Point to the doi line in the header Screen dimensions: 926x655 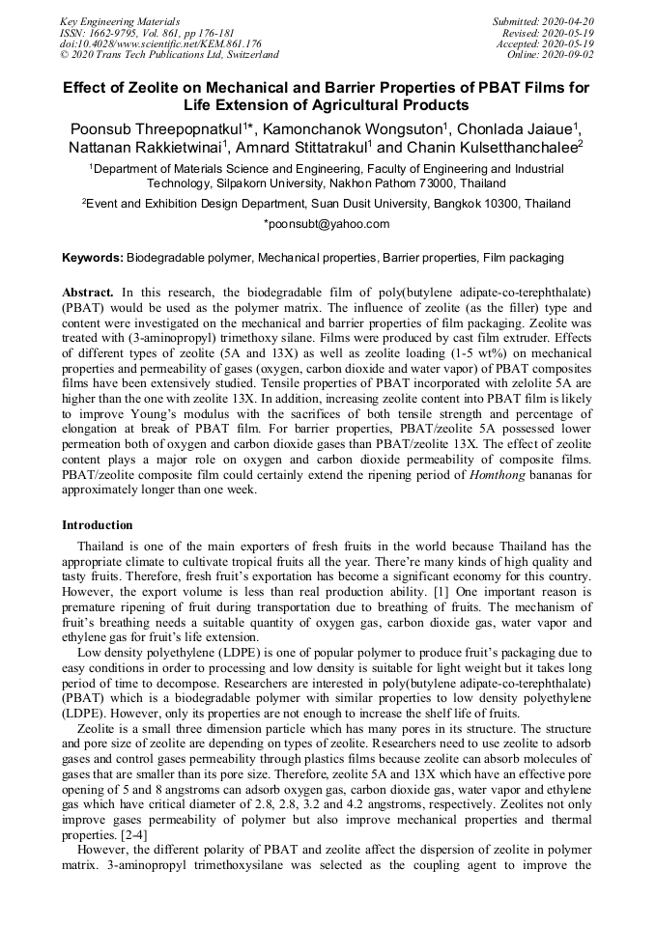pyautogui.click(x=160, y=43)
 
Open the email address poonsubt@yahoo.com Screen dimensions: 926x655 pyautogui.click(x=327, y=224)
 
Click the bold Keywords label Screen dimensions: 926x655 pyautogui.click(x=93, y=259)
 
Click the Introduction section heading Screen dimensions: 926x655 pyautogui.click(x=98, y=525)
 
